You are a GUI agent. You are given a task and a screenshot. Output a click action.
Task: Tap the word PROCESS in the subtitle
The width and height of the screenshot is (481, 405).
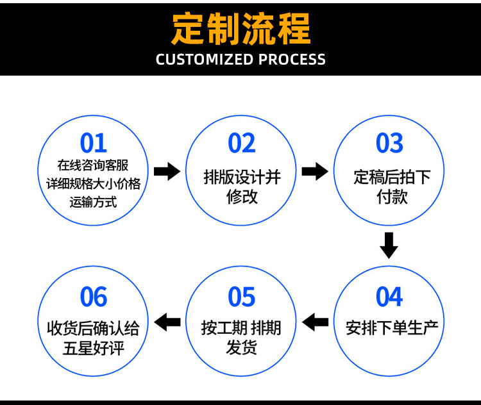tap(292, 60)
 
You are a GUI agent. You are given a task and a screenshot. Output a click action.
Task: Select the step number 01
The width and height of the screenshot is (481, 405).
tap(94, 143)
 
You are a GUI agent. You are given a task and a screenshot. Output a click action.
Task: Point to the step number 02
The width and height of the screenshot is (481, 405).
tap(242, 143)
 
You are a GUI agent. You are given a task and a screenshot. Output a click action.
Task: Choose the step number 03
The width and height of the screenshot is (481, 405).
tap(389, 143)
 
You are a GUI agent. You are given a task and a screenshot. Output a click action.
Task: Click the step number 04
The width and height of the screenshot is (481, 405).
tap(389, 297)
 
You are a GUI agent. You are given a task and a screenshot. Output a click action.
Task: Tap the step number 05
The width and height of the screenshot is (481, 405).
tap(242, 297)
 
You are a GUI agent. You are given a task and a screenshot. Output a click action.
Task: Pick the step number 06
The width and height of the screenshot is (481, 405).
tap(94, 297)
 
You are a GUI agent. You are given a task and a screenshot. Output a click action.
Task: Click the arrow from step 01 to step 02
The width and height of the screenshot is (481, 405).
tap(167, 171)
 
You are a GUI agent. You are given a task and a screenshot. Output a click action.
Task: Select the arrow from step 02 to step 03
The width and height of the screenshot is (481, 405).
tap(315, 171)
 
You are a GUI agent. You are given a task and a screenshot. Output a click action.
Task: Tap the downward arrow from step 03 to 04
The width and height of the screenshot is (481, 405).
tap(389, 245)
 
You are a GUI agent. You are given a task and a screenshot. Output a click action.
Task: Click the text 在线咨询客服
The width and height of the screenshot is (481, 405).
tap(94, 166)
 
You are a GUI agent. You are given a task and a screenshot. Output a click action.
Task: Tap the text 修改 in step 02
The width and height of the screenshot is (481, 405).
tap(242, 197)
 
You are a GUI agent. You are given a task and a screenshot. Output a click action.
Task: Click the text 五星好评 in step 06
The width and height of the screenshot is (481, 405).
tap(94, 349)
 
